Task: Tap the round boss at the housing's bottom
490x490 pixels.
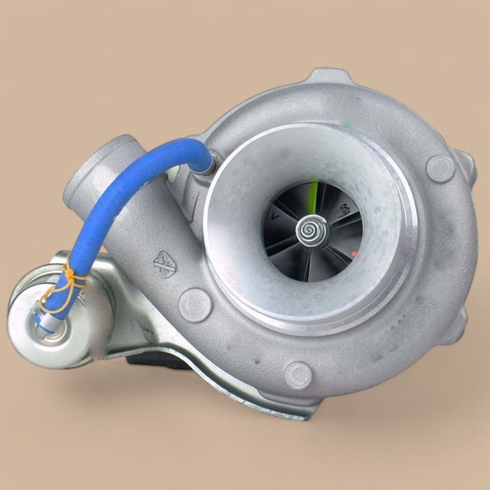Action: [299, 375]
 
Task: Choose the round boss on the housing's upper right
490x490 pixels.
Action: [440, 168]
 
